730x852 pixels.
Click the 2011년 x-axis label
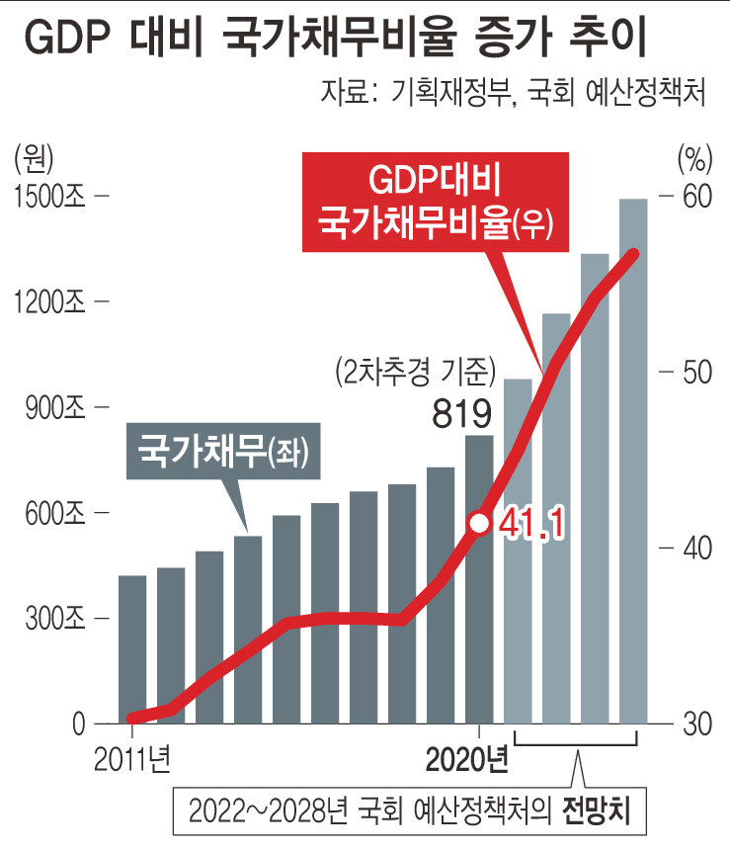point(132,758)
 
